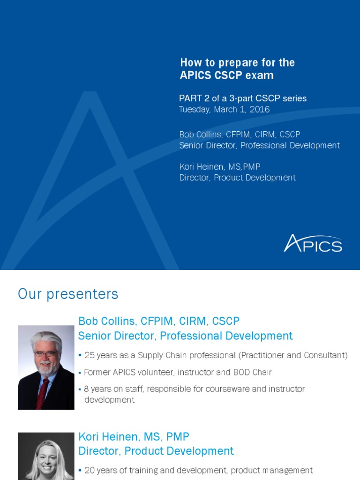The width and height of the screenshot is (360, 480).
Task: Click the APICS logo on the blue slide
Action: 313,243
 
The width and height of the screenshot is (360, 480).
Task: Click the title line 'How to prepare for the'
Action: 237,63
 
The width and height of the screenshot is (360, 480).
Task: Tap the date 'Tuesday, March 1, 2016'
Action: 224,110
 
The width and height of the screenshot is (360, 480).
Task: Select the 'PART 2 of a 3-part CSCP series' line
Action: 242,98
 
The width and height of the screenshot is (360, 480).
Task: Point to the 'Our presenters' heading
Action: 68,294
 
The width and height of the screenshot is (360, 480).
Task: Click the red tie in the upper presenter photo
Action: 43,391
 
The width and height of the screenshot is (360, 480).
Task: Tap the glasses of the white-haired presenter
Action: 46,354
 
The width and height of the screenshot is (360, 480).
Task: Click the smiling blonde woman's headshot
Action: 46,457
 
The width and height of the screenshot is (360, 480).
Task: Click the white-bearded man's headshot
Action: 46,367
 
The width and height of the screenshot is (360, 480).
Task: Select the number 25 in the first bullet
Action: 90,355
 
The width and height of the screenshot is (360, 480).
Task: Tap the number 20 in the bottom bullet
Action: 90,470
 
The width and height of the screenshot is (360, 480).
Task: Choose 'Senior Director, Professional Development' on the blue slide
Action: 259,146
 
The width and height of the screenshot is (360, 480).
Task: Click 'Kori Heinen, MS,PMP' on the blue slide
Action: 219,167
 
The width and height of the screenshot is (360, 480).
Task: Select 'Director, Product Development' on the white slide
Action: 156,451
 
